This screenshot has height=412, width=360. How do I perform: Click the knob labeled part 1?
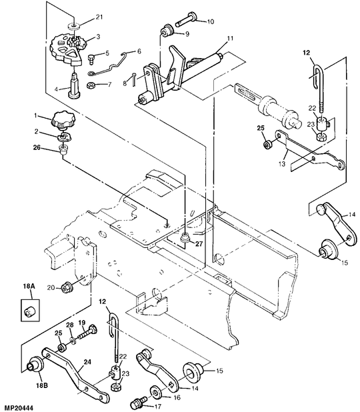pos(63,121)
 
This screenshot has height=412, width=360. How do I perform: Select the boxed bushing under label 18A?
pos(30,310)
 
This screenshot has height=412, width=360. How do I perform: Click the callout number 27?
pos(199,244)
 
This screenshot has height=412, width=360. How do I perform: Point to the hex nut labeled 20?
pos(65,288)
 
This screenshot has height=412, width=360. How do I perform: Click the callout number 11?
pos(230,39)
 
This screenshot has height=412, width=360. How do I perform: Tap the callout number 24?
pos(87,362)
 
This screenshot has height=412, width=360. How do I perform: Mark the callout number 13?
pos(282,164)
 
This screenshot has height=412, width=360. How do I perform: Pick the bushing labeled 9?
pos(167,31)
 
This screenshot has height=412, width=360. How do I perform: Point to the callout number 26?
pos(37,148)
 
